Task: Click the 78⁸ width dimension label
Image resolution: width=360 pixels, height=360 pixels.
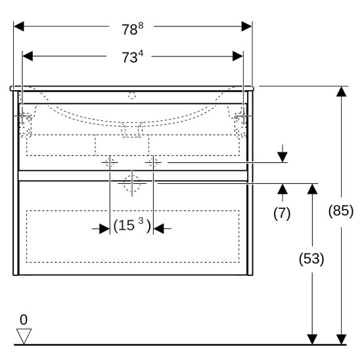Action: [x=133, y=28]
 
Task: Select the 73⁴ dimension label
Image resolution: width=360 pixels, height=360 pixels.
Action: [x=132, y=56]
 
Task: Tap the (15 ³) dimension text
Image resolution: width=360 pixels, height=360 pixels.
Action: [x=132, y=225]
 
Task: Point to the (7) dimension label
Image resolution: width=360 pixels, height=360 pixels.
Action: [x=282, y=213]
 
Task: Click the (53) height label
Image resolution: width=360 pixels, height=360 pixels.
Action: [x=311, y=259]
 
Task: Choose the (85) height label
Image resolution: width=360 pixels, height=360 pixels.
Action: [x=341, y=211]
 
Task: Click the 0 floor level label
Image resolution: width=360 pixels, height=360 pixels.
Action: [x=24, y=319]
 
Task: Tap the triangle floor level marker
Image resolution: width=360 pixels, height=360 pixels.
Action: [x=24, y=336]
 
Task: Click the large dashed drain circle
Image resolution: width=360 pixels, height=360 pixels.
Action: [x=132, y=183]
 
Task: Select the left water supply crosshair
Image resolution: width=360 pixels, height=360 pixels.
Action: [x=110, y=162]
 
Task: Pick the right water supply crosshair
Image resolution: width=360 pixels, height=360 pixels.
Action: [x=153, y=162]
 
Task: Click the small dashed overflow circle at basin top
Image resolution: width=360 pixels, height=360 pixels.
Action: [x=132, y=95]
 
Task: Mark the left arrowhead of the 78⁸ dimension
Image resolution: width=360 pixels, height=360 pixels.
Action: [x=19, y=26]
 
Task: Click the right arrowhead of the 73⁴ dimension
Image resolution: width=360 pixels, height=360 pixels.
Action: [x=238, y=56]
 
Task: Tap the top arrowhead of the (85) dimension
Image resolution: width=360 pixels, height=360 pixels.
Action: [x=342, y=91]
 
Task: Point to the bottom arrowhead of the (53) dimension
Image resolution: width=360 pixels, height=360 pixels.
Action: [x=312, y=340]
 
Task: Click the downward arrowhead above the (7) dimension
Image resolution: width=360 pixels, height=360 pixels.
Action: [x=282, y=157]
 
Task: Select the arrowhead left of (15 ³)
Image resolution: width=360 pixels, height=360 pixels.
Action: [x=104, y=229]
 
